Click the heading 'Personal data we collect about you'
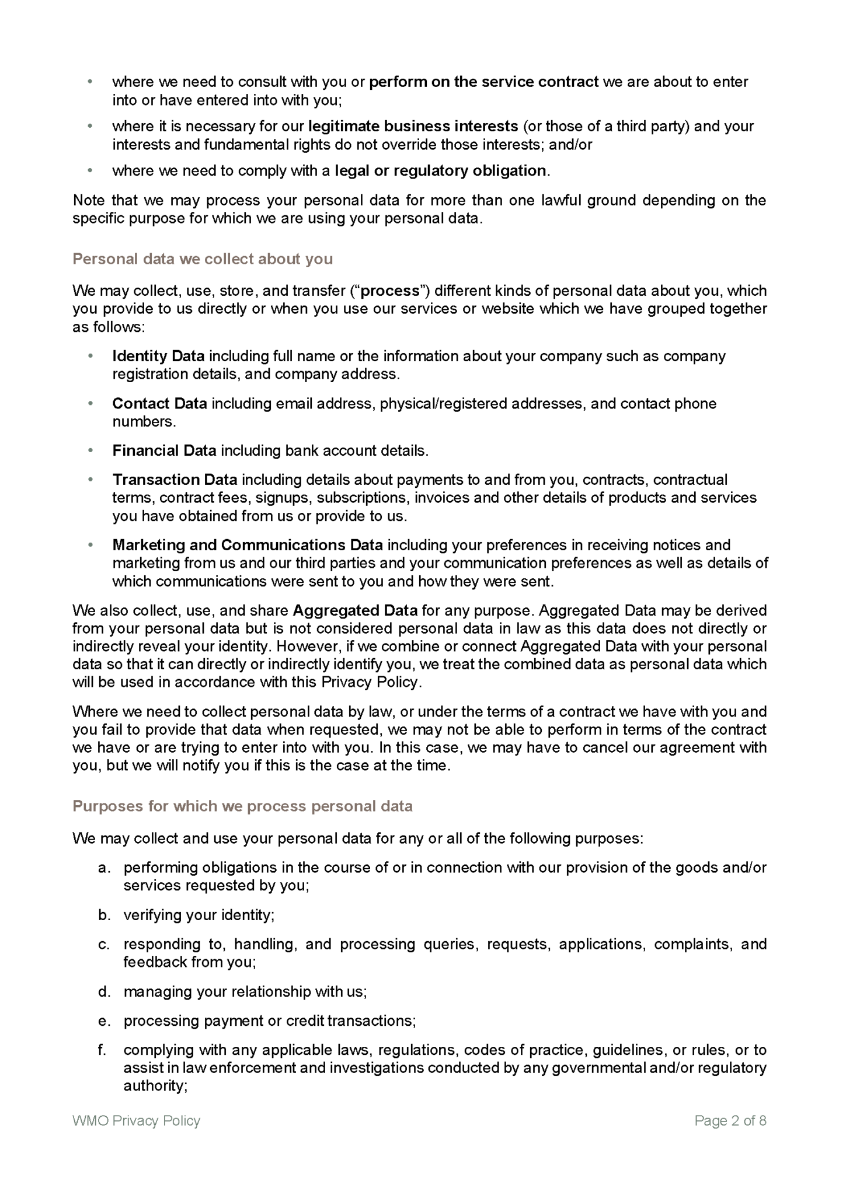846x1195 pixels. tap(202, 258)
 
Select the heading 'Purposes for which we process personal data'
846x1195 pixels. tap(242, 806)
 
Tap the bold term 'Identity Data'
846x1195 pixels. tap(158, 356)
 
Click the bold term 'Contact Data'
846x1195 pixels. tap(159, 403)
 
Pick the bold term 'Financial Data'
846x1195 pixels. tap(164, 450)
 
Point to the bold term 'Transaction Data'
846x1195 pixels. tap(175, 480)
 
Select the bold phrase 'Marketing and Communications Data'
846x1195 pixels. tap(248, 545)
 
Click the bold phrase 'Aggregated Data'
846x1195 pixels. tap(355, 610)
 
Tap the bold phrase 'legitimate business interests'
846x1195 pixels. tap(413, 126)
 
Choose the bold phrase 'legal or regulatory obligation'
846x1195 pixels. tap(441, 170)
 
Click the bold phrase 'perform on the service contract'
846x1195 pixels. tap(484, 82)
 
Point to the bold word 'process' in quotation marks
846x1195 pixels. tap(391, 291)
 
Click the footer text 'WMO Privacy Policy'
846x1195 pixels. tap(136, 1120)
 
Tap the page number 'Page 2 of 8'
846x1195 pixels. tap(730, 1120)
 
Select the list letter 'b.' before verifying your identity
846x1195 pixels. tap(105, 915)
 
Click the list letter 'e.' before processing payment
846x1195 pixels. tap(105, 1021)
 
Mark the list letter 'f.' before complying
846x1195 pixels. tap(103, 1050)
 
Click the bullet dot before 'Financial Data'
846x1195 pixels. tap(90, 450)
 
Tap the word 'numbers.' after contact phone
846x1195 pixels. tap(144, 421)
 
